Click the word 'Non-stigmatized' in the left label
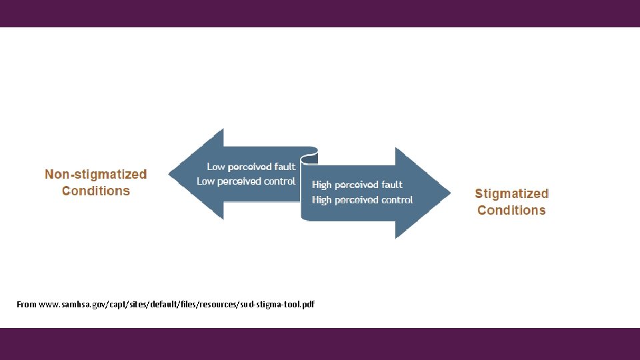click(95, 175)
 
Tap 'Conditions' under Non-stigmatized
click(95, 191)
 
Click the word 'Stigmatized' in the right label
click(511, 194)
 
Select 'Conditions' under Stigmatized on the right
click(511, 211)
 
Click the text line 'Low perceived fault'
click(251, 167)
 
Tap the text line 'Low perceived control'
click(246, 181)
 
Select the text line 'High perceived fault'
click(357, 185)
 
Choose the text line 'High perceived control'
click(362, 200)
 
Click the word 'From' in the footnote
click(27, 305)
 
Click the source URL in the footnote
click(177, 305)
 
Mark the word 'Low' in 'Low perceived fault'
click(216, 167)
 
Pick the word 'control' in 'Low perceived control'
click(279, 181)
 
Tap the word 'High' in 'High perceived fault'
click(321, 185)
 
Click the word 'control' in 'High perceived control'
click(397, 200)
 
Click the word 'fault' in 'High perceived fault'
click(392, 185)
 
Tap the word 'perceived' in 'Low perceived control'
click(239, 181)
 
